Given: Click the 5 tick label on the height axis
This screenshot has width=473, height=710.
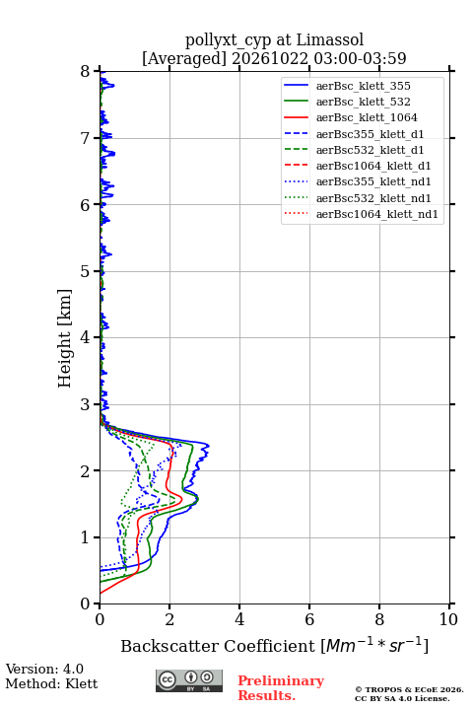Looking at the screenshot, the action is pos(86,271).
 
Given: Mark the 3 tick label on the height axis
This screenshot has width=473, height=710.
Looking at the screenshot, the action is pos(86,404).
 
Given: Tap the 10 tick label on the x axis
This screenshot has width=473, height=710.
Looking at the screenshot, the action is pos(448,619).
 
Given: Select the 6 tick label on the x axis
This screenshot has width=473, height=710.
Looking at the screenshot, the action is pos(309,619).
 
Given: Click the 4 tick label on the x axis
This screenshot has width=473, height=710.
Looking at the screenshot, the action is pos(239,619).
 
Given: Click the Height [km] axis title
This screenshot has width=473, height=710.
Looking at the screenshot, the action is pos(65,338).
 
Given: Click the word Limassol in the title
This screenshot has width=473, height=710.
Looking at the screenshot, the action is pos(330,39).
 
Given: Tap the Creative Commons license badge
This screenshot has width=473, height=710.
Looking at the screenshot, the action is pos(189,680).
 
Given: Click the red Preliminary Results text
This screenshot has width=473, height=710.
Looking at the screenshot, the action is pos(281,688).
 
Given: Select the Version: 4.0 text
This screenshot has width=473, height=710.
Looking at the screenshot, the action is pos(44,669).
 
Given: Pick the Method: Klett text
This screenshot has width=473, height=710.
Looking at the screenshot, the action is pos(51,683).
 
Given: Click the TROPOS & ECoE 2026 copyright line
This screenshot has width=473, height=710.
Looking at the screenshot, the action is pos(409,690).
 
